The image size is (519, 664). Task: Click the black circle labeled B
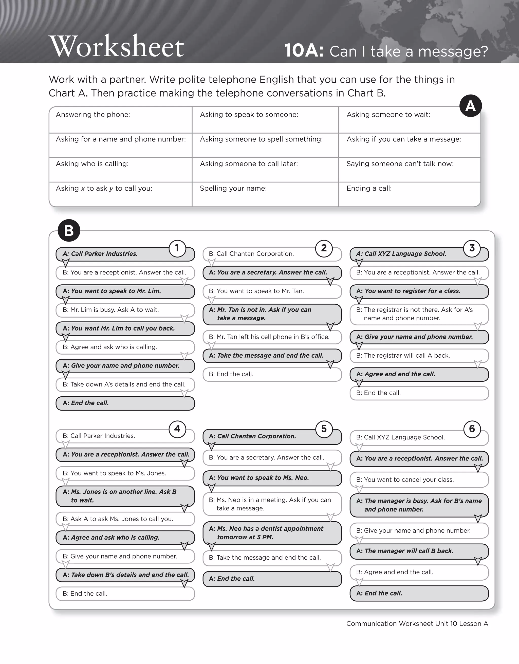pos(69,230)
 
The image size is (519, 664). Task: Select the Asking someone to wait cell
pos(409,120)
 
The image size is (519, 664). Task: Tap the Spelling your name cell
pos(265,194)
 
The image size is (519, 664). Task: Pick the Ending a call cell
pos(409,194)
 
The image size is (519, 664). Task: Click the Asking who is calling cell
pos(120,169)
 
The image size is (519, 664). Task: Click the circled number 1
pos(177,248)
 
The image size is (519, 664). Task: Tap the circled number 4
pos(177,429)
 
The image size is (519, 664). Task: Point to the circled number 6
pos(472,429)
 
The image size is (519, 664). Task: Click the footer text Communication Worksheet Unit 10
pos(417,623)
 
